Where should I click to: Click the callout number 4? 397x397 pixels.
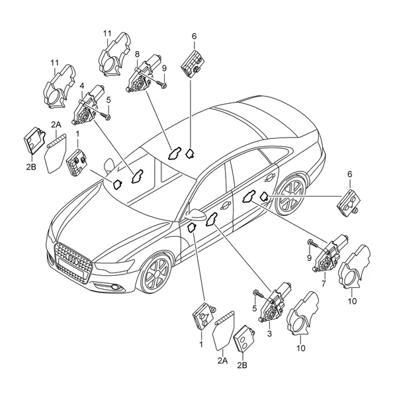coord(82,86)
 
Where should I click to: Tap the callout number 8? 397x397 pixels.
coord(137,54)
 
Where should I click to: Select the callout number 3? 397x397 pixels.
coord(269,333)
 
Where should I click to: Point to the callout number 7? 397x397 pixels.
coord(324,284)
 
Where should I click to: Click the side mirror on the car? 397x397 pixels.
coord(195,214)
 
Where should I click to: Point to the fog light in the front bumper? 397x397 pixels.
coord(116,287)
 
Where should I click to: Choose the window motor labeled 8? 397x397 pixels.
coord(142,74)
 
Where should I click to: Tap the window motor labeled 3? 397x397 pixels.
coord(275,303)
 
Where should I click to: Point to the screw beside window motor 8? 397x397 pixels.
coord(161,84)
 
